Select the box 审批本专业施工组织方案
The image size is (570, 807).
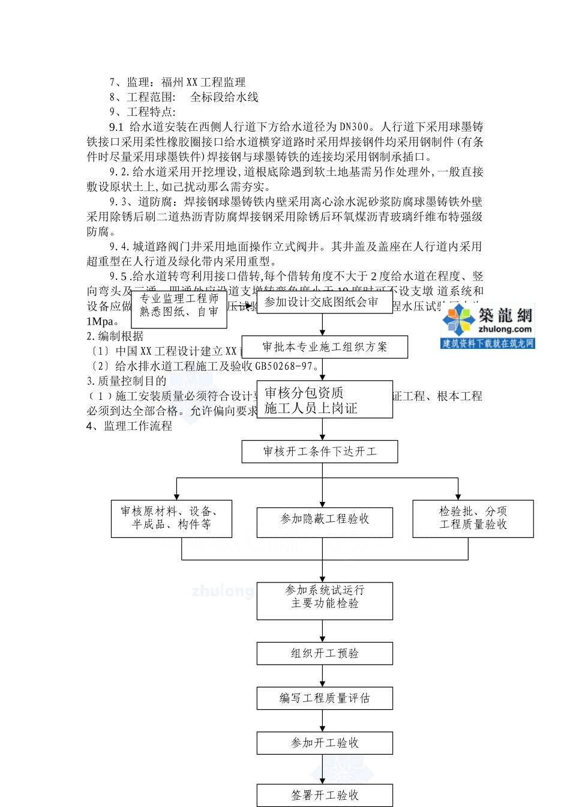point(325,347)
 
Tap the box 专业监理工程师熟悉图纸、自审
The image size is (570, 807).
point(179,305)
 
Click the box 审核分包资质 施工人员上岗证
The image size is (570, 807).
point(324,400)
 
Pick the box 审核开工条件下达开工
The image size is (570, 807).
point(319,452)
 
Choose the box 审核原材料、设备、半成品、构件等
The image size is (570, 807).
point(171,518)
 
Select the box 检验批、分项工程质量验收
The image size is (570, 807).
point(473,518)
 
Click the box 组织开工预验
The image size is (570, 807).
point(325,653)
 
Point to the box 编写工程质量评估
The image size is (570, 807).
point(325,698)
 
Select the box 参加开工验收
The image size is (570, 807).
point(325,743)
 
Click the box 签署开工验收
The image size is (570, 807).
point(325,795)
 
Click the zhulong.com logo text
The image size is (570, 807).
point(505,330)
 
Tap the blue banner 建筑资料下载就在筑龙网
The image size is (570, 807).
point(487,343)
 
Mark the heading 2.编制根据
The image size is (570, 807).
point(115,336)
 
